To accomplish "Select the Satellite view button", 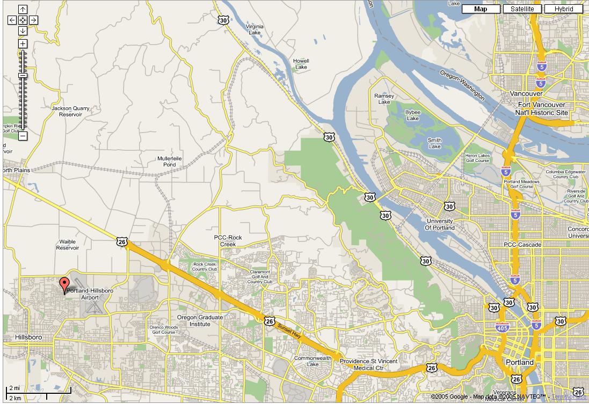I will point(522,9).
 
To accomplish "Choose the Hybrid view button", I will point(564,9).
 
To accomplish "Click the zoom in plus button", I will point(23,43).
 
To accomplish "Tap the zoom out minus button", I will point(23,136).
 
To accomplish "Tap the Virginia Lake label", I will point(254,30).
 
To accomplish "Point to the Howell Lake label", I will point(301,64).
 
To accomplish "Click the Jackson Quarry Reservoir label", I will point(70,111).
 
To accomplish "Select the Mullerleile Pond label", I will point(170,161).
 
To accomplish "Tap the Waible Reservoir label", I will point(68,245).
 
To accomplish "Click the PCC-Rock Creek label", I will point(228,241).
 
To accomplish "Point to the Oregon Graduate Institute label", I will point(200,320).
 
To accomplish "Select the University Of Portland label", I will point(439,224).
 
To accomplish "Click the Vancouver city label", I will point(526,94).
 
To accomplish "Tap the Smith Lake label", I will point(434,143).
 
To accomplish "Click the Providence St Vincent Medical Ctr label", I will point(368,365).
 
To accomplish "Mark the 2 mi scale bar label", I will point(14,387).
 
